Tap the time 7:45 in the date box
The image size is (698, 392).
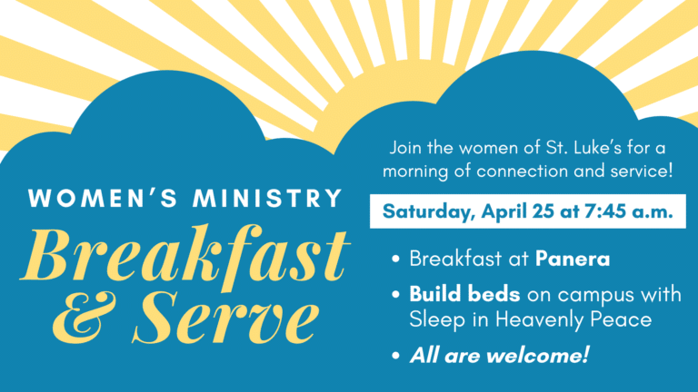point(607,211)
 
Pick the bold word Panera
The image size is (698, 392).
point(573,259)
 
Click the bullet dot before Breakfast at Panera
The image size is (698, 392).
point(396,260)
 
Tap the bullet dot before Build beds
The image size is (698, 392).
point(396,296)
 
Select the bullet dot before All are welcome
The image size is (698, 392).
point(396,355)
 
